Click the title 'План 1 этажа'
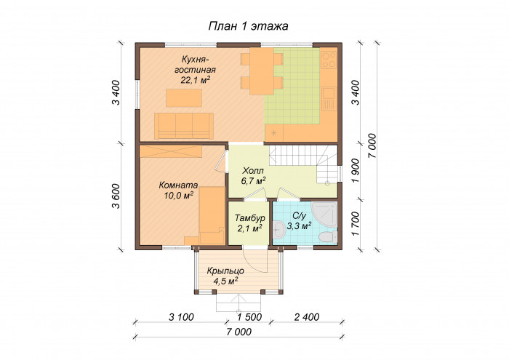click(248, 26)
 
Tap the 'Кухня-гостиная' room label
click(195, 65)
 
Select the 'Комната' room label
click(178, 185)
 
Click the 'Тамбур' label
click(249, 217)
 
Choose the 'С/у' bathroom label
click(299, 216)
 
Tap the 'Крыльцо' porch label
click(225, 271)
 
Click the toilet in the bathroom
click(326, 236)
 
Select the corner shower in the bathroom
click(324, 215)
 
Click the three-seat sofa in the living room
click(184, 126)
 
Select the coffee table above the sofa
click(184, 97)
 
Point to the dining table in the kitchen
click(262, 71)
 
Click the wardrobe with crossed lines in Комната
click(171, 151)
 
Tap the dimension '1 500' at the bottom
click(249, 317)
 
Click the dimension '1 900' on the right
click(356, 170)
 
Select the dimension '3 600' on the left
click(116, 196)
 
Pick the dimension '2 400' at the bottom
click(307, 317)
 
